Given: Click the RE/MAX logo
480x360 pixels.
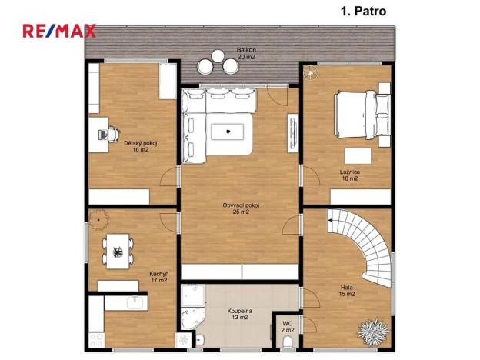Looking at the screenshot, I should pos(59,32).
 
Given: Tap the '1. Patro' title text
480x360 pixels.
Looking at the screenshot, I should pos(362,11).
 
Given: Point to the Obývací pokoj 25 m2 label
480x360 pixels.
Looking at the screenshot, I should pos(241,208).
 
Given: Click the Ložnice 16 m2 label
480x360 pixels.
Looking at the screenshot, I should pos(350,175).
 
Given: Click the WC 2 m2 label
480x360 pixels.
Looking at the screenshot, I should pos(288,326).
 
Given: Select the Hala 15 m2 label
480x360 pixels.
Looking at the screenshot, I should pos(347,291).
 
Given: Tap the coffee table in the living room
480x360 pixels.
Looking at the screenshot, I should pos(228,131).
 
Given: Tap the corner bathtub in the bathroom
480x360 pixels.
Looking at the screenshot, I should pos(193,305).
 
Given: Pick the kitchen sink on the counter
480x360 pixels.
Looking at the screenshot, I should pos(133,301).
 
